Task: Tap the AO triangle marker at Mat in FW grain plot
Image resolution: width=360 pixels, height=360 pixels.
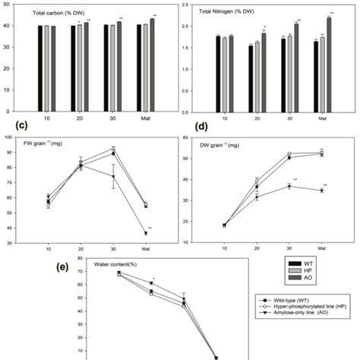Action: click(x=146, y=233)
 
